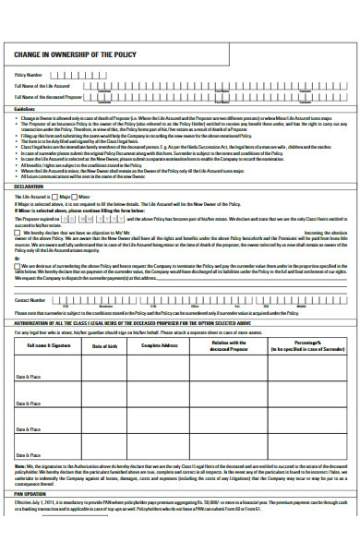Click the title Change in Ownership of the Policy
point(69,54)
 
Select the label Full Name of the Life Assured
point(42,85)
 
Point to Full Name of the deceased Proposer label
point(48,96)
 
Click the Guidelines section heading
point(26,108)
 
